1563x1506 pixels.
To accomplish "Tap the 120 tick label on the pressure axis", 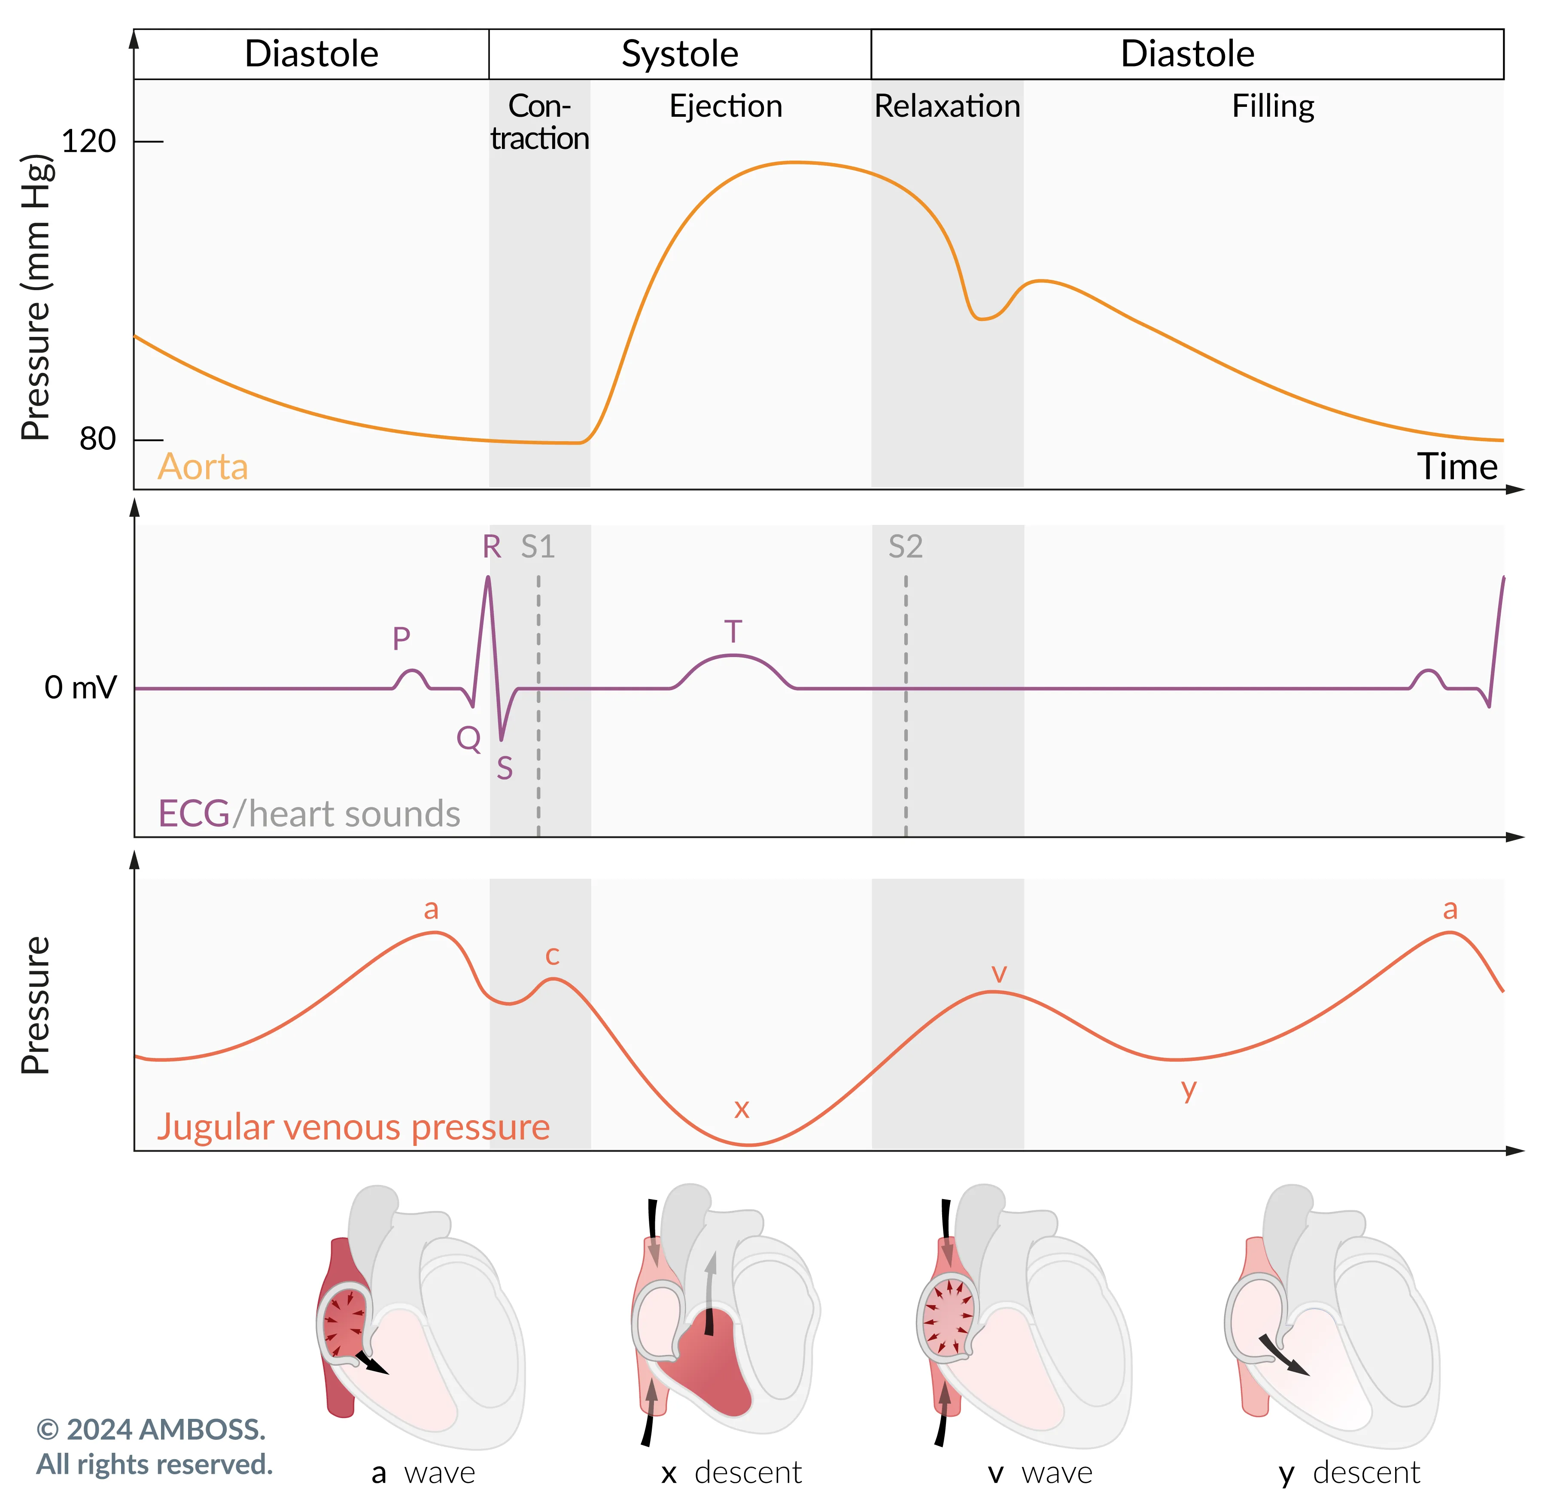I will point(88,142).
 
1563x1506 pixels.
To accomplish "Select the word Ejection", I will point(726,106).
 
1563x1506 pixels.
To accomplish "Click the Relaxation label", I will point(947,106).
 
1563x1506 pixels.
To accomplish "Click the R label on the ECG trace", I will point(492,547).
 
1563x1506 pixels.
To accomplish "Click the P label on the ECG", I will point(401,639).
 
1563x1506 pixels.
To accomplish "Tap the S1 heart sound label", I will point(538,547).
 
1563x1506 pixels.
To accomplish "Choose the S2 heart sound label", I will point(906,547).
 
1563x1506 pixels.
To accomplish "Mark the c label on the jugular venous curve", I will point(552,955).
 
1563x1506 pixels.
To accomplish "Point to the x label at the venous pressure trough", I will point(742,1108).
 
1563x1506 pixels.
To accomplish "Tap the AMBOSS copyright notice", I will point(154,1447).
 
